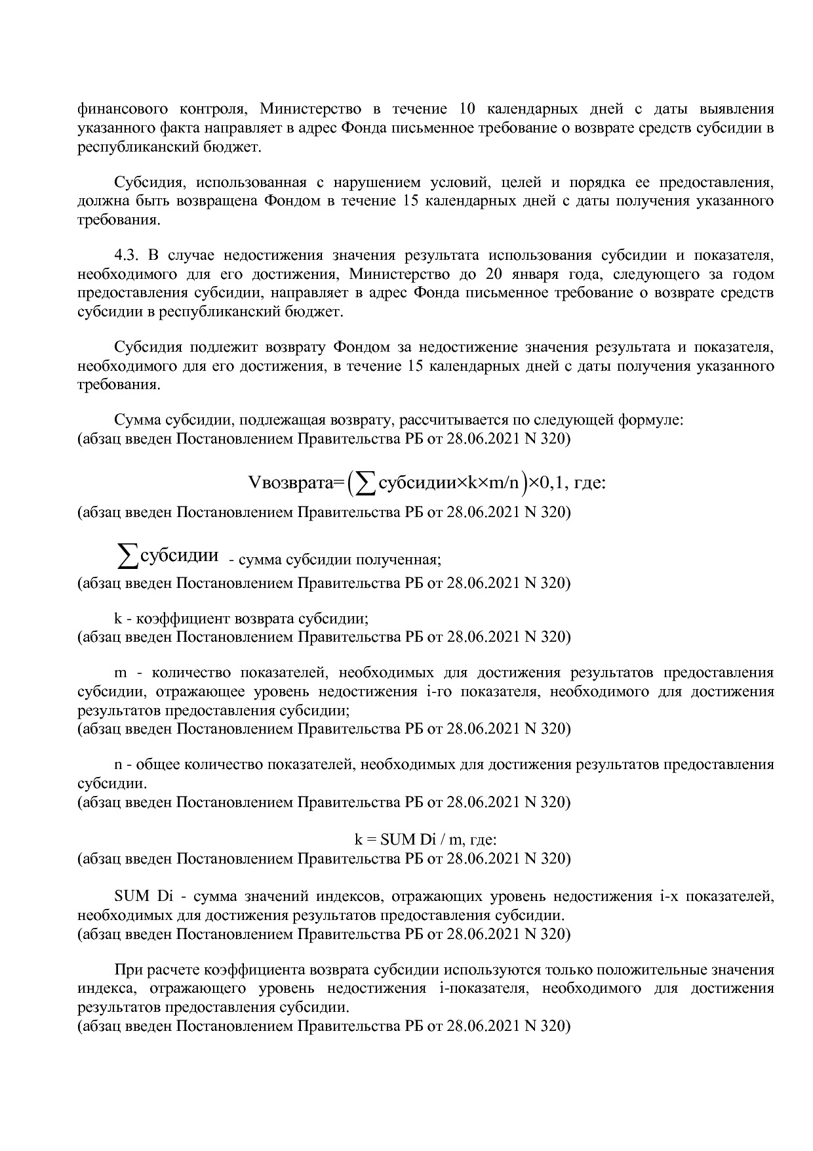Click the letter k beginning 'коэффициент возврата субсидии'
pyautogui.click(x=117, y=619)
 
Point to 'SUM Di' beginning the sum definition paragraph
pyautogui.click(x=133, y=897)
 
